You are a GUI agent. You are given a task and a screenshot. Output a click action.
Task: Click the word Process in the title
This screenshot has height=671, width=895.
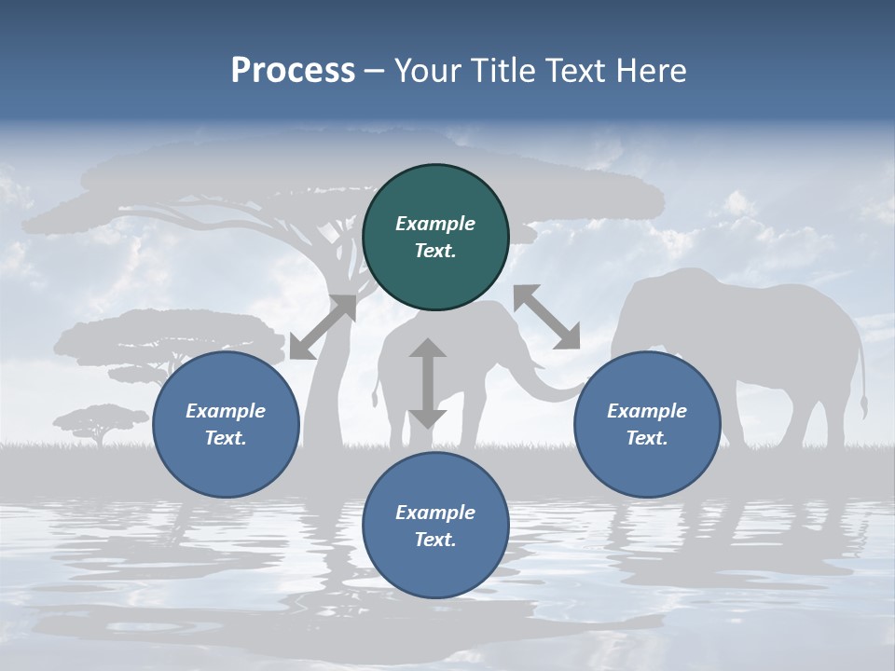tap(293, 71)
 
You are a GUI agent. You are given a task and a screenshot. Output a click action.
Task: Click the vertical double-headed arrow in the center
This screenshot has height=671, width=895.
tap(428, 383)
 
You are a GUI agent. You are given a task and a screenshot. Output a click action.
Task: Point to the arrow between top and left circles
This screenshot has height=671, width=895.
tap(323, 327)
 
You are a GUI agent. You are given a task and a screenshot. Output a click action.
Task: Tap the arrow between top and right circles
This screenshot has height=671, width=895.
tap(547, 317)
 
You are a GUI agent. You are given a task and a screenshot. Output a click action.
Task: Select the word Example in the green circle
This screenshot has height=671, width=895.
tap(435, 224)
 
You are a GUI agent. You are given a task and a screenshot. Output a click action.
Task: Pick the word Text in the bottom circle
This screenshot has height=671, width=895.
tap(435, 540)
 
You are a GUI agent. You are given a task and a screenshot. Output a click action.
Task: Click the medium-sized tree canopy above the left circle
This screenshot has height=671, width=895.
tap(158, 335)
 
